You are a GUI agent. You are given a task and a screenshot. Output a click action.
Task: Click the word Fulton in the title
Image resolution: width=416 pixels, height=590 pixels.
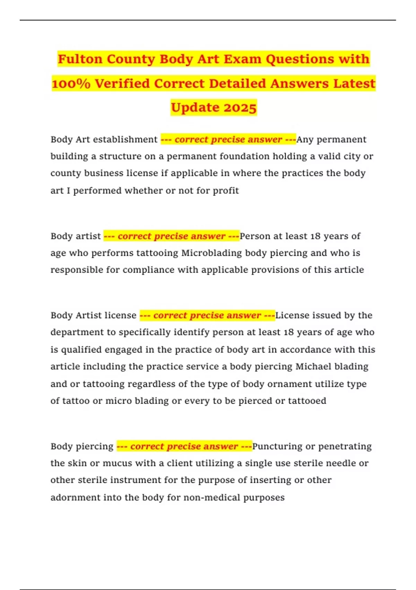80,59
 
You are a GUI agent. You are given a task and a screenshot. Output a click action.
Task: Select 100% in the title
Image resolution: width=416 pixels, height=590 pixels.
71,84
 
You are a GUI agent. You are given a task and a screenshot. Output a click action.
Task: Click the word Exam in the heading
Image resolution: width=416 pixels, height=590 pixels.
242,59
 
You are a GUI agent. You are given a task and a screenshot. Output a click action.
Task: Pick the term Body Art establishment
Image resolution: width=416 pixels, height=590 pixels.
104,140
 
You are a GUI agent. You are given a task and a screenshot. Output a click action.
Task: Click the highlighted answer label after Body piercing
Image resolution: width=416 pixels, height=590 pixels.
184,446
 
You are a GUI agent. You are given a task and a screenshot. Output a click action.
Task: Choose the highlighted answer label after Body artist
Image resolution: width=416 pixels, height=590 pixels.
172,236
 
